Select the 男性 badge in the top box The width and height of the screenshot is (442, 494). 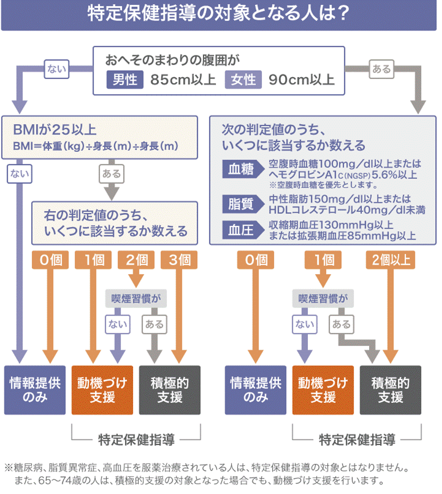pos(125,80)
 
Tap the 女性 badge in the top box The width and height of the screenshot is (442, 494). pos(243,80)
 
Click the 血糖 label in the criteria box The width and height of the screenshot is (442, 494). pos(241,170)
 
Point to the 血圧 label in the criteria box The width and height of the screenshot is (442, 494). pos(241,231)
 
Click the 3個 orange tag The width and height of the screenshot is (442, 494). pos(180,260)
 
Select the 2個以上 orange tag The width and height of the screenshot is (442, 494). pos(391,260)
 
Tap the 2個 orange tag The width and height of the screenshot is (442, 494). pos(137,260)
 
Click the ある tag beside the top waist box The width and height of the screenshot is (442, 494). pos(382,69)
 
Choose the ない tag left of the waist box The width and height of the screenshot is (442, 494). pos(56,69)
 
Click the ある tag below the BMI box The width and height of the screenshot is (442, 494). pos(111,174)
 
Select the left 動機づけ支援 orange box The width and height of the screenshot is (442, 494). pos(102,390)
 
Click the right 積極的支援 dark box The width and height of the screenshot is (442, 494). pos(390,390)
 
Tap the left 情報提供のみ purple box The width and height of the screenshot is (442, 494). pos(35,390)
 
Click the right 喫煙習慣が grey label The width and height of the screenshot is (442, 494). pos(323,299)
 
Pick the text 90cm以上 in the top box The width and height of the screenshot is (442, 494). pos(301,80)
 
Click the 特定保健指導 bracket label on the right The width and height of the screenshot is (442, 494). pos(357,440)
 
